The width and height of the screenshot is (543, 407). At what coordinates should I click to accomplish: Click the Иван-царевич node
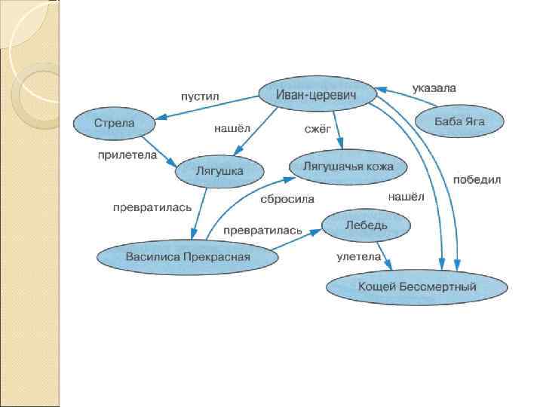tap(317, 94)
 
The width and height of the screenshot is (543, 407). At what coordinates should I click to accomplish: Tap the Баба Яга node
tap(459, 121)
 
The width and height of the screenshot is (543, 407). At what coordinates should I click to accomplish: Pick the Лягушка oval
tap(219, 172)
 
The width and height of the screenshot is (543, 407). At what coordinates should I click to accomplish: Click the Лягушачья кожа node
tap(348, 166)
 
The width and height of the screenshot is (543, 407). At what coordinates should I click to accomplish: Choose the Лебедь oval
tap(366, 225)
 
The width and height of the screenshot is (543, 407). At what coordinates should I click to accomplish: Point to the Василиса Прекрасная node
tap(188, 257)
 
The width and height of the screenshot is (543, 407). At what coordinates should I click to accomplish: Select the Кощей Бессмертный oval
tap(417, 286)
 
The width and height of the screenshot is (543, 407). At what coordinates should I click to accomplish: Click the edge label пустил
tap(199, 96)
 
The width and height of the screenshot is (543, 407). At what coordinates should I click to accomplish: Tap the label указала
tap(434, 88)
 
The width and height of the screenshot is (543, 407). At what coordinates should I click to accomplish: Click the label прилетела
tap(127, 155)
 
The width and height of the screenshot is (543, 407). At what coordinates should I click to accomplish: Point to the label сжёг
tap(318, 129)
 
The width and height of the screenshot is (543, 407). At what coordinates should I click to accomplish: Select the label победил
tap(477, 180)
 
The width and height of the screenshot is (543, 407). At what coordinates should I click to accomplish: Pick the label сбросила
tap(287, 199)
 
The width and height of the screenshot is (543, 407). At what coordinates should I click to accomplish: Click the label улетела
tap(358, 257)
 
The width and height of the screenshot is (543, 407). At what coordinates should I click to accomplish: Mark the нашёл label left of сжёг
tap(232, 129)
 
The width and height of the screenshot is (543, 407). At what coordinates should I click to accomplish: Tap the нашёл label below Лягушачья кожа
tap(406, 197)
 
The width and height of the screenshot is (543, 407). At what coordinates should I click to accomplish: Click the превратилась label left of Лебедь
tap(262, 229)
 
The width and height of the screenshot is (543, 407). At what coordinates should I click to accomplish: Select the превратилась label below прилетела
tap(152, 206)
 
